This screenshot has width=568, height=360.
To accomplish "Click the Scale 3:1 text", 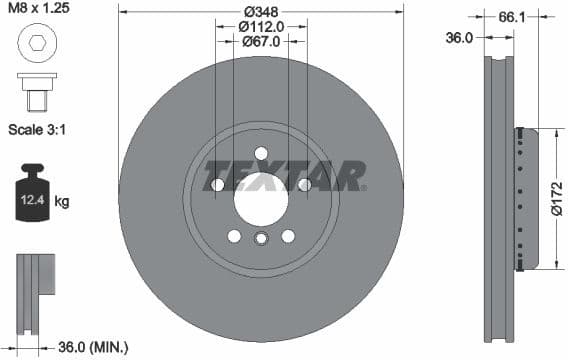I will [42, 130].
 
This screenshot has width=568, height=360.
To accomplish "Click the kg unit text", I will [62, 202].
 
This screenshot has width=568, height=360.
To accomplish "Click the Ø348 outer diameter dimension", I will [261, 11].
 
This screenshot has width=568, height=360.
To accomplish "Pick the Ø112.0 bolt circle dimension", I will [261, 27].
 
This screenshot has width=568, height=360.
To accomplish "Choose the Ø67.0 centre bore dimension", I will [261, 42].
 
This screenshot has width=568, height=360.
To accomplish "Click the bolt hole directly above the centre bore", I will [261, 153].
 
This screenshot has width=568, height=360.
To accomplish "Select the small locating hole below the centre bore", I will [261, 238].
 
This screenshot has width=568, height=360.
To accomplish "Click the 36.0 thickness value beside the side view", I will [459, 36].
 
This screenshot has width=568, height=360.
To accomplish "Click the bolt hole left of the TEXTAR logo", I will [218, 184].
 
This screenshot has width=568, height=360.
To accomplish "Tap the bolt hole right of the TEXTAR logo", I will [304, 184].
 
